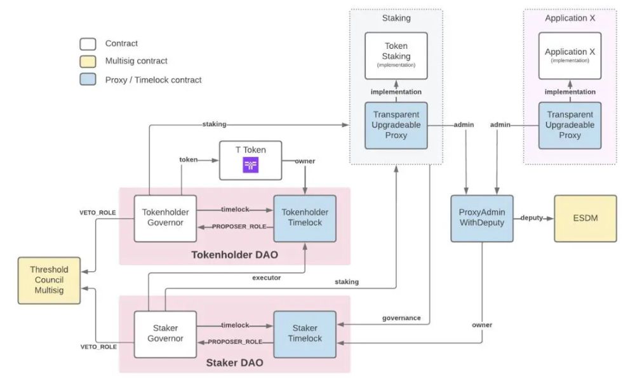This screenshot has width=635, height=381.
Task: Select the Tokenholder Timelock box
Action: pos(304,218)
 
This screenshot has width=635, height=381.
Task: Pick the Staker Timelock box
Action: pos(304,334)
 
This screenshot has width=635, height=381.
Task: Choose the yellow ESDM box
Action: pos(585,218)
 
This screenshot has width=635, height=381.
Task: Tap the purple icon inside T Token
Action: pos(250,166)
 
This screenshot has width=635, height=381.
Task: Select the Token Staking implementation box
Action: pos(396,55)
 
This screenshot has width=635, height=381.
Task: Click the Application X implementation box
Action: pos(570,55)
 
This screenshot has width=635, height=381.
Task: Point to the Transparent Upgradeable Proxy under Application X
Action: pos(570,125)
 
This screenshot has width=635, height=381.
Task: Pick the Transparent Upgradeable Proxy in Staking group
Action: pos(396,125)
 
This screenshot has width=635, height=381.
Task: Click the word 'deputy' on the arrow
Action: pos(531,218)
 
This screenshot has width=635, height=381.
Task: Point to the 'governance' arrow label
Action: pos(401,317)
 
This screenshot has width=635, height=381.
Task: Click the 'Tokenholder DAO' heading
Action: pos(234,255)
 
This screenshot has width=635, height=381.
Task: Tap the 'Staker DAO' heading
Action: pos(234,364)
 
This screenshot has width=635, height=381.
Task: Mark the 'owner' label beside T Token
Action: pos(305,161)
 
